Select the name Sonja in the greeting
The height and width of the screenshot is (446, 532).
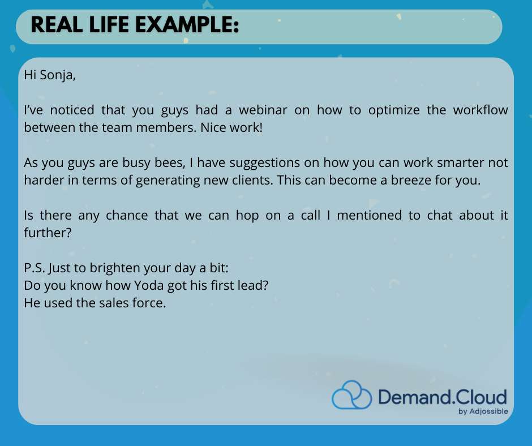tap(58, 75)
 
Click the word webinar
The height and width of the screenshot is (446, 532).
tap(263, 110)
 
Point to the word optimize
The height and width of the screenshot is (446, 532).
tap(394, 110)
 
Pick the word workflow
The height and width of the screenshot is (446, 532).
tap(480, 110)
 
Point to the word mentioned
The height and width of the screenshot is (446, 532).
tap(369, 215)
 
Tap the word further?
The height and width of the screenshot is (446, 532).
tap(48, 233)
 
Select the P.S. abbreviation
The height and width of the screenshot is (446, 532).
tap(35, 268)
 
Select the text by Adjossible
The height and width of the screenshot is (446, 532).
tap(483, 411)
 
